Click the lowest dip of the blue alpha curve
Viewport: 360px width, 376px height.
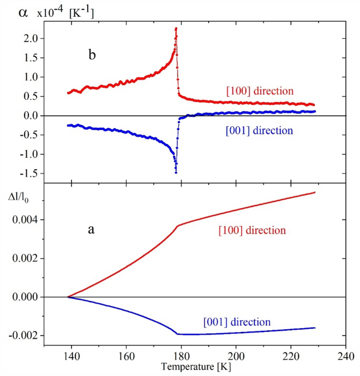176,172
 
